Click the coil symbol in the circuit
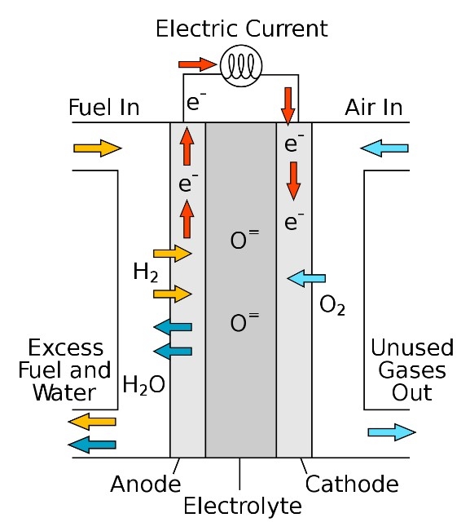click(x=241, y=66)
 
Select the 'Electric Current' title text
click(x=242, y=29)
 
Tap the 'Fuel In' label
click(x=104, y=108)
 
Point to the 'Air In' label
click(x=374, y=108)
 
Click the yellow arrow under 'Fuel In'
click(x=98, y=148)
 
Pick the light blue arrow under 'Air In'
click(x=384, y=148)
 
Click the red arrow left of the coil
click(x=197, y=64)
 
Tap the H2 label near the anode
click(x=146, y=272)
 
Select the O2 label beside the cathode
click(x=332, y=305)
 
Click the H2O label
click(x=144, y=385)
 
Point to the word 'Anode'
click(x=146, y=484)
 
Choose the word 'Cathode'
click(x=352, y=484)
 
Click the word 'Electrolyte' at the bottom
click(x=243, y=507)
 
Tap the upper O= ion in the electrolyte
click(x=244, y=239)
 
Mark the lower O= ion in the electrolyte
click(x=244, y=321)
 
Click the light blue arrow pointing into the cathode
click(x=306, y=278)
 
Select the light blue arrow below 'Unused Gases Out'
click(x=392, y=432)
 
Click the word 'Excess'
click(x=66, y=348)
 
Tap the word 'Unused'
click(x=412, y=347)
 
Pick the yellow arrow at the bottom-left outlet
click(x=92, y=422)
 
